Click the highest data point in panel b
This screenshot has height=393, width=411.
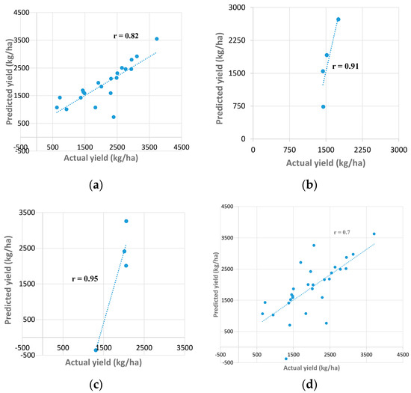[339, 19]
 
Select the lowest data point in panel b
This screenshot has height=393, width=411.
[323, 106]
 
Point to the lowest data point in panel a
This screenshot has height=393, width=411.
[114, 117]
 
